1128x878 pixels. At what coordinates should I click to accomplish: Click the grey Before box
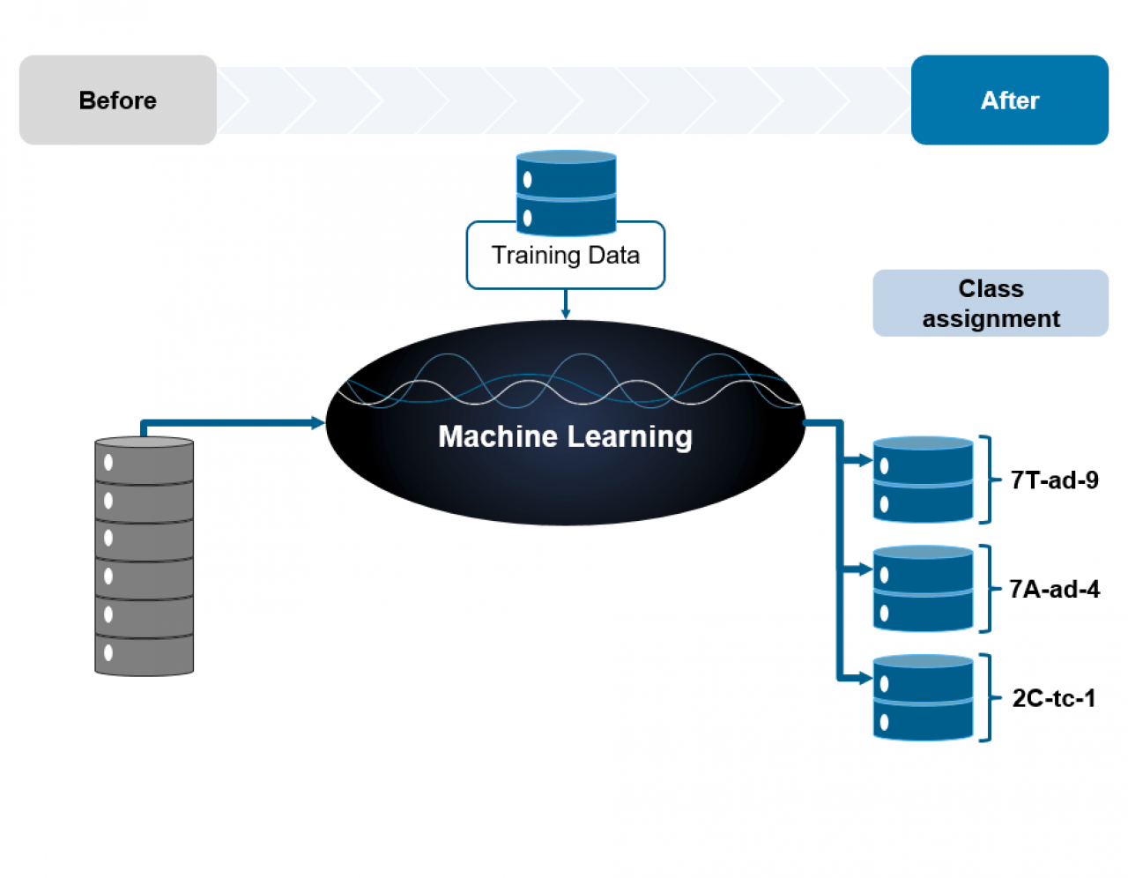(117, 100)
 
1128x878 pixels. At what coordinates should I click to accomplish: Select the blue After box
(1009, 100)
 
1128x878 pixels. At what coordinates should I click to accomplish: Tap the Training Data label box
(565, 257)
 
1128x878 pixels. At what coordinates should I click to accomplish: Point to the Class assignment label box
(991, 303)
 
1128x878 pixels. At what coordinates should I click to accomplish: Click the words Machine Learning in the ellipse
(565, 436)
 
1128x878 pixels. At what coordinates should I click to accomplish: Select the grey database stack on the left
(145, 556)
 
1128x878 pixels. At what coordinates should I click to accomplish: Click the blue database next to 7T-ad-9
(923, 480)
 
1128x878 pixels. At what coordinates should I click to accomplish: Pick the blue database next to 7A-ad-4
(923, 589)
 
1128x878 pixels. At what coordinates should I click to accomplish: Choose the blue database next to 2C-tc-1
(923, 697)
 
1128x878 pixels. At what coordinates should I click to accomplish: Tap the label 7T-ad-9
(1054, 480)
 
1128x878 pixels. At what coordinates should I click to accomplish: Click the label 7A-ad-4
(1054, 589)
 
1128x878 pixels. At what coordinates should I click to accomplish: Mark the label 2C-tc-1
(1054, 698)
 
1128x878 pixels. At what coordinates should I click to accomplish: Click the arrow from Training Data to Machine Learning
(566, 304)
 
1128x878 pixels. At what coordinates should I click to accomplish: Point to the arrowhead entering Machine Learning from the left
(318, 423)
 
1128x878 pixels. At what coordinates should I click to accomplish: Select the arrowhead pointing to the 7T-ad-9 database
(865, 460)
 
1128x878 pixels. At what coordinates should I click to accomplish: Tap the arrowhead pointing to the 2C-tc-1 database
(865, 678)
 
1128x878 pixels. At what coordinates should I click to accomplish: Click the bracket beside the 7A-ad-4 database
(986, 589)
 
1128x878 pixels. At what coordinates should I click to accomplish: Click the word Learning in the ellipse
(629, 436)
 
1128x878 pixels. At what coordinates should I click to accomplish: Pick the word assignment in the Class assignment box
(991, 318)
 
